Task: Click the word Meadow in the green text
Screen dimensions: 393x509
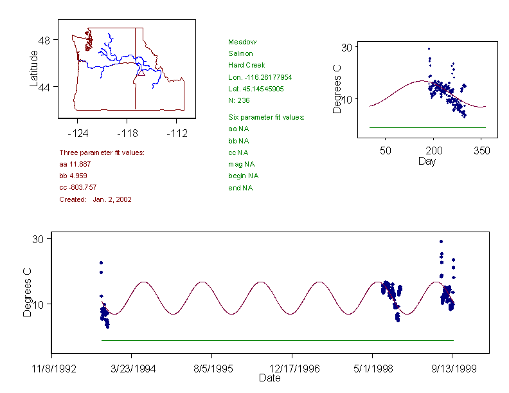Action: pyautogui.click(x=242, y=42)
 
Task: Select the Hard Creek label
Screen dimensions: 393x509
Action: pyautogui.click(x=246, y=65)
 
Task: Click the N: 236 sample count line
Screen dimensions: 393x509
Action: pyautogui.click(x=238, y=100)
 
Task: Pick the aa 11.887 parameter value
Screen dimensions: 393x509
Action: pyautogui.click(x=73, y=165)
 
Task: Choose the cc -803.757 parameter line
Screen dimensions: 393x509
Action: pyautogui.click(x=78, y=187)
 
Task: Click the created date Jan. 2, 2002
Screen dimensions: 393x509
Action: pyautogui.click(x=112, y=199)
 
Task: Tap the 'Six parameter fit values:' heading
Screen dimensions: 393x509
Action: pyautogui.click(x=266, y=117)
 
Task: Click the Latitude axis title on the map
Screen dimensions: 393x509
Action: pyautogui.click(x=35, y=69)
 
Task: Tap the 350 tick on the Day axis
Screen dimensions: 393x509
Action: pyautogui.click(x=482, y=151)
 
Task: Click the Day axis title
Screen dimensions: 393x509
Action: pyautogui.click(x=427, y=161)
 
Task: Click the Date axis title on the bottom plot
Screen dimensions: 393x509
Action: pyautogui.click(x=269, y=379)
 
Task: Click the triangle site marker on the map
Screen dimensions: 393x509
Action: pyautogui.click(x=141, y=72)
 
